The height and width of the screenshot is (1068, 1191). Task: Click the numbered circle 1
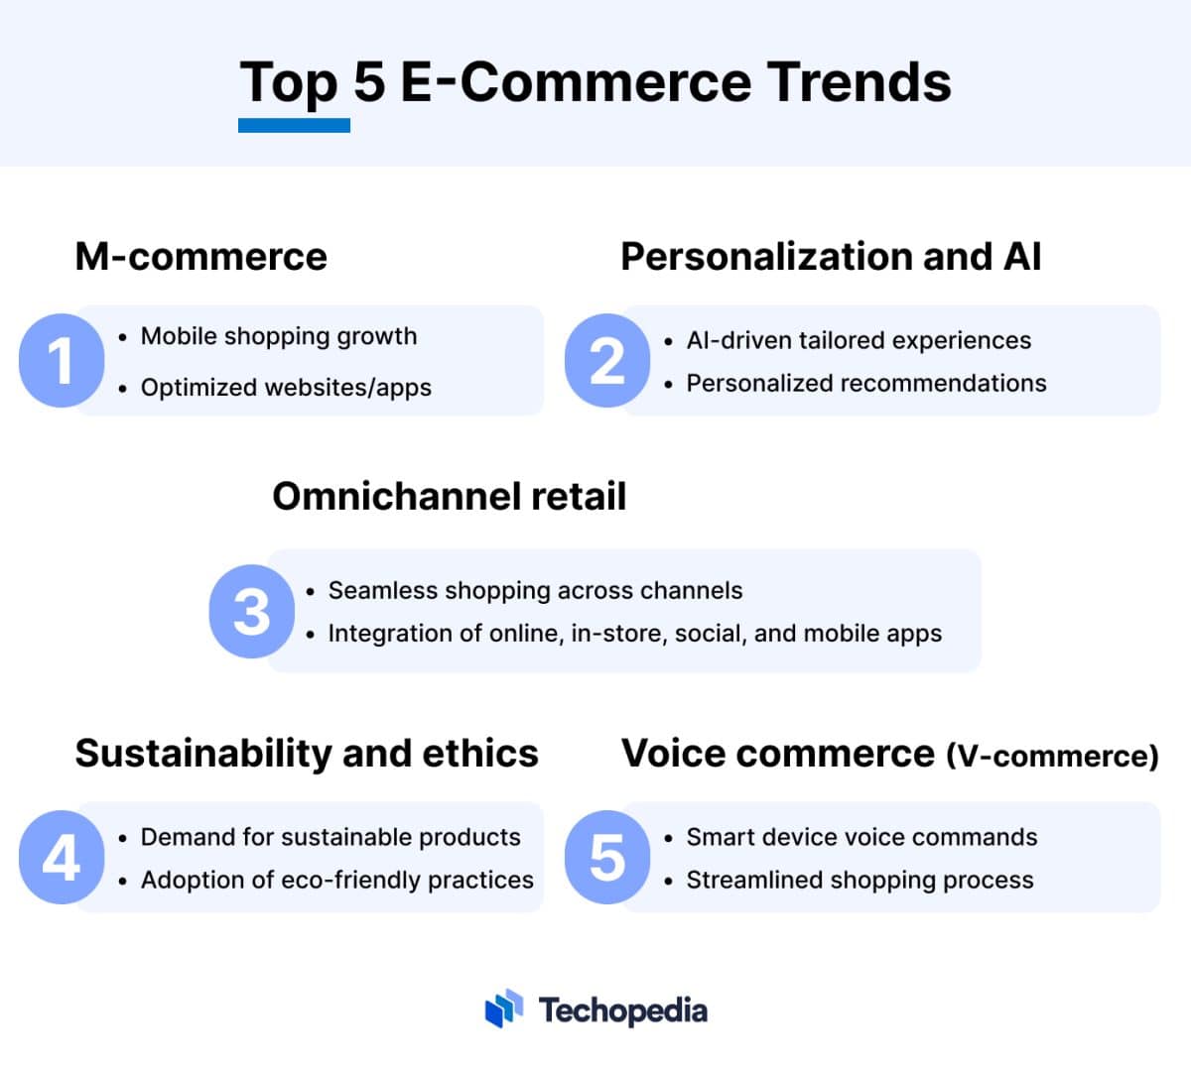coord(62,360)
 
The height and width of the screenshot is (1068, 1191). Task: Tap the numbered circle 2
coord(607,360)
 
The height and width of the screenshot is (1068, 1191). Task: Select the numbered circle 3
coord(252,611)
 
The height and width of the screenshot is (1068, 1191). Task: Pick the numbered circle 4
coord(62,858)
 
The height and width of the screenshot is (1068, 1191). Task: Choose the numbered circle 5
coord(607,858)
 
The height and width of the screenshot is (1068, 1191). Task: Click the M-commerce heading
coord(200,257)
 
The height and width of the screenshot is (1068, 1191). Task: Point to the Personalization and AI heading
coord(831,257)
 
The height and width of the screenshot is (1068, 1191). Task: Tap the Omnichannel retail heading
coord(449,497)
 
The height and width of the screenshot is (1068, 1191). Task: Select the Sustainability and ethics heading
coord(307,754)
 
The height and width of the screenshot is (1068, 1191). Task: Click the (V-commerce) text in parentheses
coord(1052,757)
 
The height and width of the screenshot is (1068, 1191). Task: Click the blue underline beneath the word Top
coord(294,126)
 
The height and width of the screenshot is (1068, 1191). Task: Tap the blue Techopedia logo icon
coord(504,1009)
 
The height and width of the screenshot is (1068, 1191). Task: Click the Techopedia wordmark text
coord(623,1010)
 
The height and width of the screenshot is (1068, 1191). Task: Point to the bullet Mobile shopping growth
coord(279,336)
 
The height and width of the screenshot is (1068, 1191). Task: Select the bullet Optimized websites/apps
coord(286,388)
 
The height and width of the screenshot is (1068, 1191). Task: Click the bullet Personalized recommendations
coord(865,384)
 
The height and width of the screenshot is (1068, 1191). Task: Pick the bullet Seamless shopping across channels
coord(535,591)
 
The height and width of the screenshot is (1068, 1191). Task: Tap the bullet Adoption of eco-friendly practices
coord(336,881)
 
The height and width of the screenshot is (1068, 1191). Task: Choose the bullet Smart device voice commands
coord(861,837)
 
